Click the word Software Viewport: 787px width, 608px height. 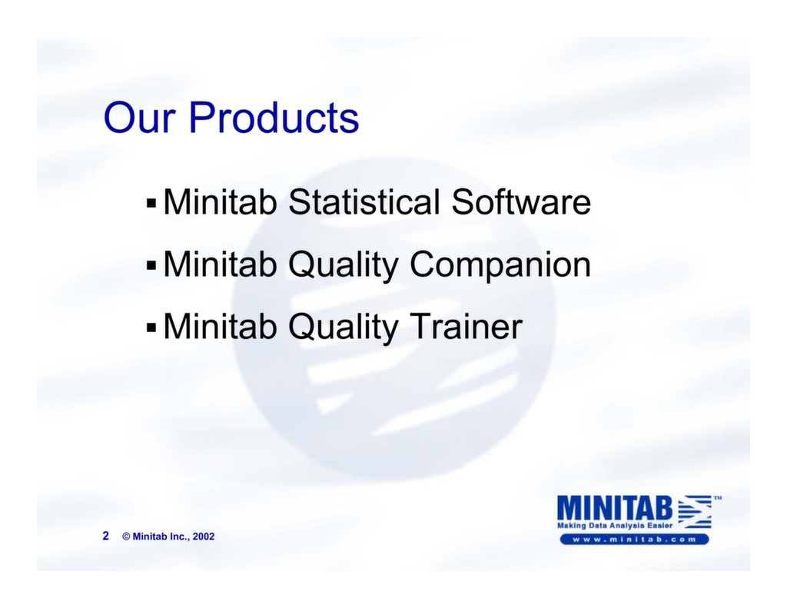click(520, 203)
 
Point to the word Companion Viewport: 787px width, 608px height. click(500, 265)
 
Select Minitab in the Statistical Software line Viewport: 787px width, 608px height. click(221, 203)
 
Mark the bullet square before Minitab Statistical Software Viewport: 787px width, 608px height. click(151, 205)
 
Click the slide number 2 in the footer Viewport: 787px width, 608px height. click(106, 536)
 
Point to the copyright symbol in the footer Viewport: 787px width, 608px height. click(126, 537)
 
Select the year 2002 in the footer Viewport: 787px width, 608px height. click(204, 537)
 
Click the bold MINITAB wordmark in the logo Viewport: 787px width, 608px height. click(615, 507)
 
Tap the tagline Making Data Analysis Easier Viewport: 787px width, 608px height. click(615, 525)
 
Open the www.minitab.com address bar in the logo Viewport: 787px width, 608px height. click(633, 539)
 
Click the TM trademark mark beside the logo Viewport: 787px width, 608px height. click(717, 498)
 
